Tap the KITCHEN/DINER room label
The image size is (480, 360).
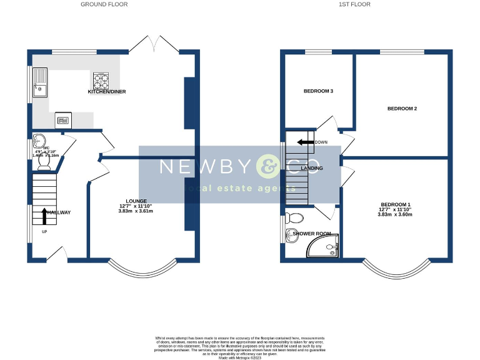107,92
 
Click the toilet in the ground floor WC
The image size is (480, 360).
44,162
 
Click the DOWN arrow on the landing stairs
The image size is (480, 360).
306,142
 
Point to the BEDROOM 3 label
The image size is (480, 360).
318,91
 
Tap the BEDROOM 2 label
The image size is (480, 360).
402,109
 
